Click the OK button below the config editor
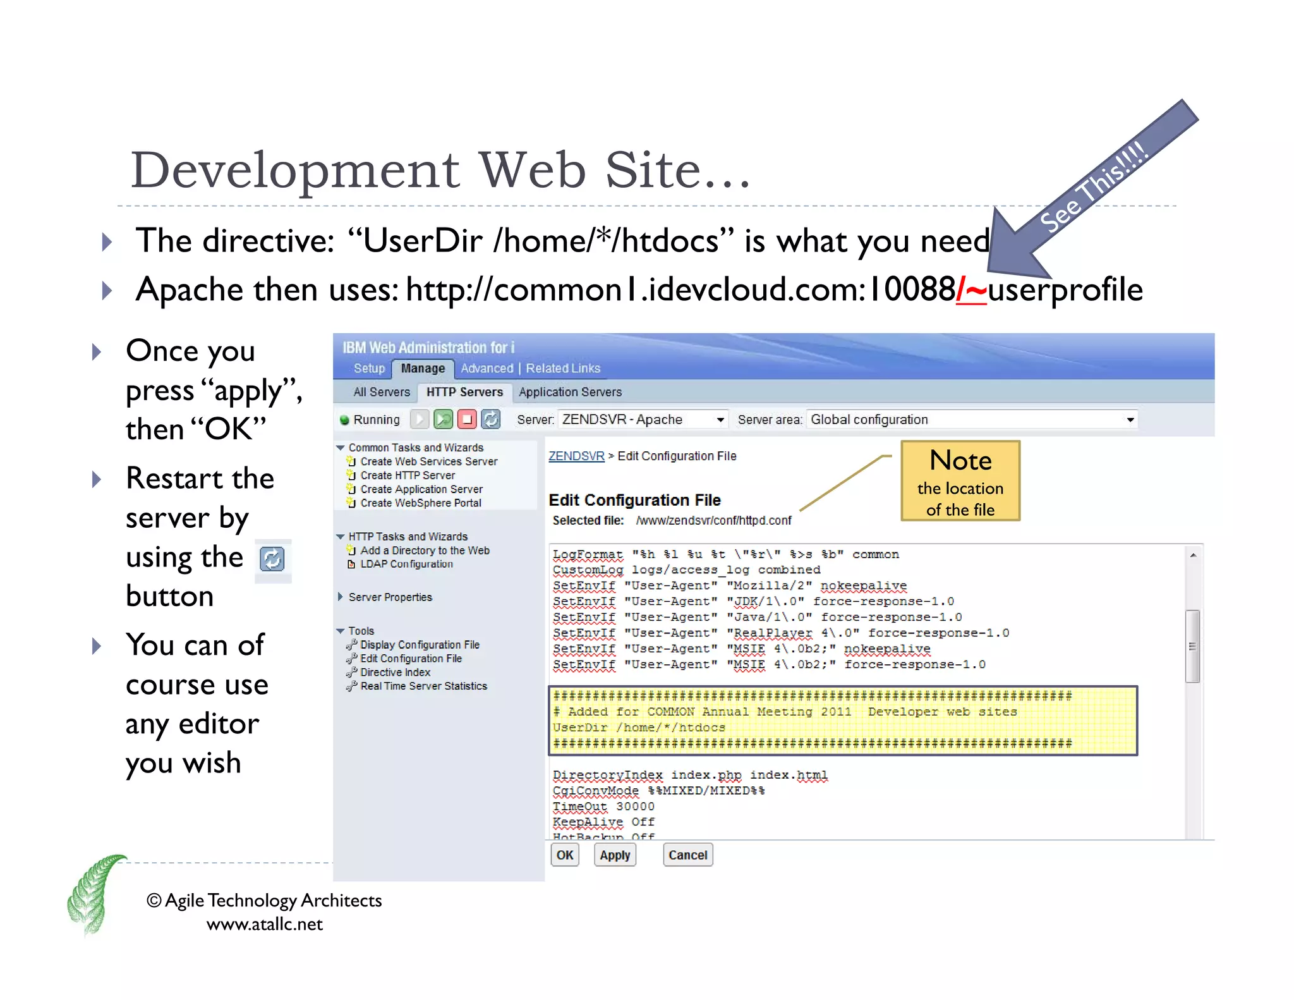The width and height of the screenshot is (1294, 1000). pos(564,855)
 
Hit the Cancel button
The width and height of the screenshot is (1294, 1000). pos(687,855)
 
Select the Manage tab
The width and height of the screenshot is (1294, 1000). pos(423,369)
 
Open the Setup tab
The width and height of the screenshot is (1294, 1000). pos(369,369)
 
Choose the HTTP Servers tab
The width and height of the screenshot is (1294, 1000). pos(464,392)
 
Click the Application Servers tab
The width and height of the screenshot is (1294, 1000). pos(570,392)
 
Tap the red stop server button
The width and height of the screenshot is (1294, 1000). pos(467,419)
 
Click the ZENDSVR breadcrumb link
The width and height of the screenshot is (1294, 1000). pos(576,456)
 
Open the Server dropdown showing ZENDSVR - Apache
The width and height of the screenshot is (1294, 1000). pos(643,419)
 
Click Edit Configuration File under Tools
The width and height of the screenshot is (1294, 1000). pos(411,659)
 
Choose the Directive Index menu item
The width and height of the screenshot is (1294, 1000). pos(395,673)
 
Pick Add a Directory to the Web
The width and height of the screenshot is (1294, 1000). pos(425,551)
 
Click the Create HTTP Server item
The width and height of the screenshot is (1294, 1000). pos(408,475)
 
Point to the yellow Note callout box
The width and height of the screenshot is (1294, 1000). pos(960,481)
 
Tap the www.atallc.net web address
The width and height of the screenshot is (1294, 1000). pos(264,924)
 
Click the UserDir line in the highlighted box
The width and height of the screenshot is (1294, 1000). pos(639,728)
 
